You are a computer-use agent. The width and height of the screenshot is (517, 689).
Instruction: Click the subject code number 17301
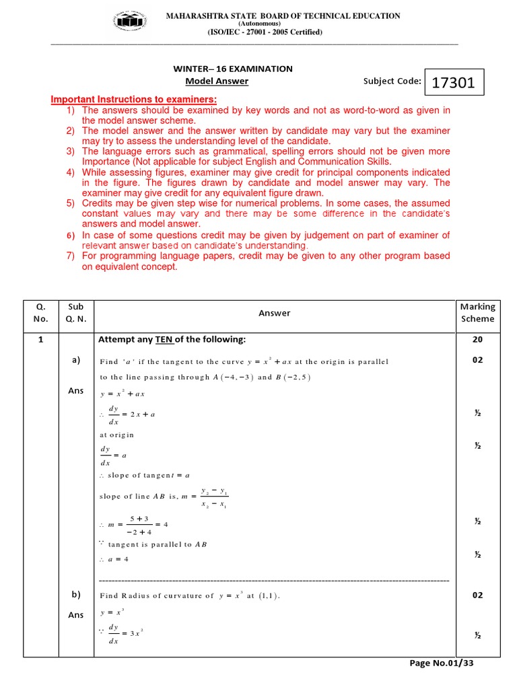tap(453, 83)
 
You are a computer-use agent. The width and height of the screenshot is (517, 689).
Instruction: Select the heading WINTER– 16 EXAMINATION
tap(233, 69)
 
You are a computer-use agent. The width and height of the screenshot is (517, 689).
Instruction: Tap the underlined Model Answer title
tap(217, 81)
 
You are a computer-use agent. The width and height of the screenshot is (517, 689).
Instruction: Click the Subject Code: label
tap(392, 81)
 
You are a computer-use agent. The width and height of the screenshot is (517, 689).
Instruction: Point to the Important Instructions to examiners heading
tap(135, 100)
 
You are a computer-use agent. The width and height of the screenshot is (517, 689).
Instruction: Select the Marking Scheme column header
tap(477, 313)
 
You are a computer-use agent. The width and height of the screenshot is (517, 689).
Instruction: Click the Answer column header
tap(275, 313)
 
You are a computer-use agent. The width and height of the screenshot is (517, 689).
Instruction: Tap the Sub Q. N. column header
tap(76, 313)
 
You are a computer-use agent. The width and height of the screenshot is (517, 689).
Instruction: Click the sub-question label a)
tap(76, 360)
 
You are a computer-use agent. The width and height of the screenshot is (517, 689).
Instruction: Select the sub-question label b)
tap(76, 594)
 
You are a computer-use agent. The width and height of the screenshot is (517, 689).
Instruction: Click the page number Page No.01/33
tap(442, 663)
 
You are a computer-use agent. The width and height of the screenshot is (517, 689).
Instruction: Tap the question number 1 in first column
tap(40, 340)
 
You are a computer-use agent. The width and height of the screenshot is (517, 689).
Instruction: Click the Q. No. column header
tap(40, 313)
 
